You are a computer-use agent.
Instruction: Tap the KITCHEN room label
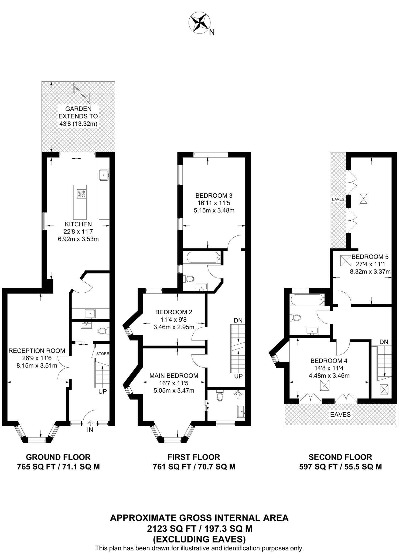pos(78,224)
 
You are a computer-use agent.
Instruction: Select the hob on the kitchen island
pos(82,194)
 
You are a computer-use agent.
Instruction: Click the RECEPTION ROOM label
pos(37,351)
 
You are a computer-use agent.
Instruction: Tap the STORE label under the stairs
pos(103,354)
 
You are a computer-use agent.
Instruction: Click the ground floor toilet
pos(104,331)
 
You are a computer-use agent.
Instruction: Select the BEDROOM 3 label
pos(214,195)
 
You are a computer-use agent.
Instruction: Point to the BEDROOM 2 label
pos(174,312)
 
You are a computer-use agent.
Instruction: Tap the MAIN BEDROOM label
pos(174,376)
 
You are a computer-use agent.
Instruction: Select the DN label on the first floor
pos(238,321)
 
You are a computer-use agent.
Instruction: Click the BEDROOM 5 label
pos(370,257)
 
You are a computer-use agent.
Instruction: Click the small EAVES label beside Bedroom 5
pos(338,199)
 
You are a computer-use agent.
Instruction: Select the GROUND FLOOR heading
pos(58,457)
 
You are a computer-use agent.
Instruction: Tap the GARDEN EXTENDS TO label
pos(78,113)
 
